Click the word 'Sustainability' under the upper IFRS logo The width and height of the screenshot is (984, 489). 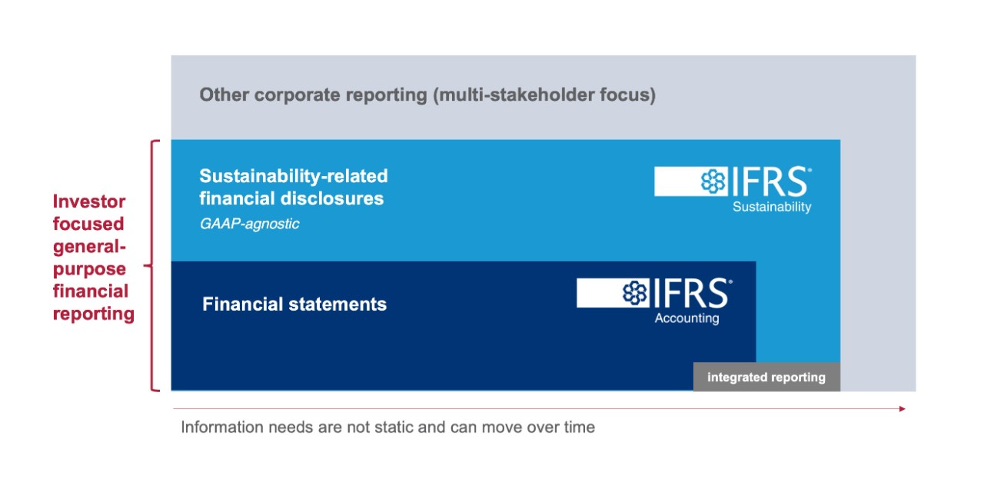(772, 207)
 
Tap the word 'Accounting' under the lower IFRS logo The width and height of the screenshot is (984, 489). (687, 318)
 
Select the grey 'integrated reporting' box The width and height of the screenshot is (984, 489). (766, 377)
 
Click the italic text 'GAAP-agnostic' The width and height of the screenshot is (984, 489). (250, 224)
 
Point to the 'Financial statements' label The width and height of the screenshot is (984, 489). (294, 304)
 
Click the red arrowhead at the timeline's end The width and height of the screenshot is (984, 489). (903, 408)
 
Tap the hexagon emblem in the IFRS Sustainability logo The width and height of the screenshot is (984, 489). (713, 181)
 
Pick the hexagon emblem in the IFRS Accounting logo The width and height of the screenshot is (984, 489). (635, 293)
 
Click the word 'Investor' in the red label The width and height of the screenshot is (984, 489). (89, 201)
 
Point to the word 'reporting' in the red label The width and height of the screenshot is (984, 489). (94, 314)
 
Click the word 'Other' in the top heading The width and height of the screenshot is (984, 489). (224, 95)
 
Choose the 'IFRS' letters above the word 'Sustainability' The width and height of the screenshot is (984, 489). (770, 181)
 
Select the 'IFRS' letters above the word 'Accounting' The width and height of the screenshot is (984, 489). (691, 293)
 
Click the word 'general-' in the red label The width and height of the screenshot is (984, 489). (90, 247)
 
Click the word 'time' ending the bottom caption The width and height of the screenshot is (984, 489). (578, 427)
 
